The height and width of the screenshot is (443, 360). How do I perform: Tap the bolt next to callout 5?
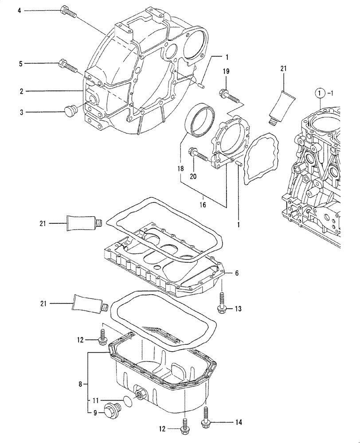[67, 66]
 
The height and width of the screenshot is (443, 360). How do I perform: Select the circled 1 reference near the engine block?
[319, 93]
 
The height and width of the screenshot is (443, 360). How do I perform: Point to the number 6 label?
[237, 273]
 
